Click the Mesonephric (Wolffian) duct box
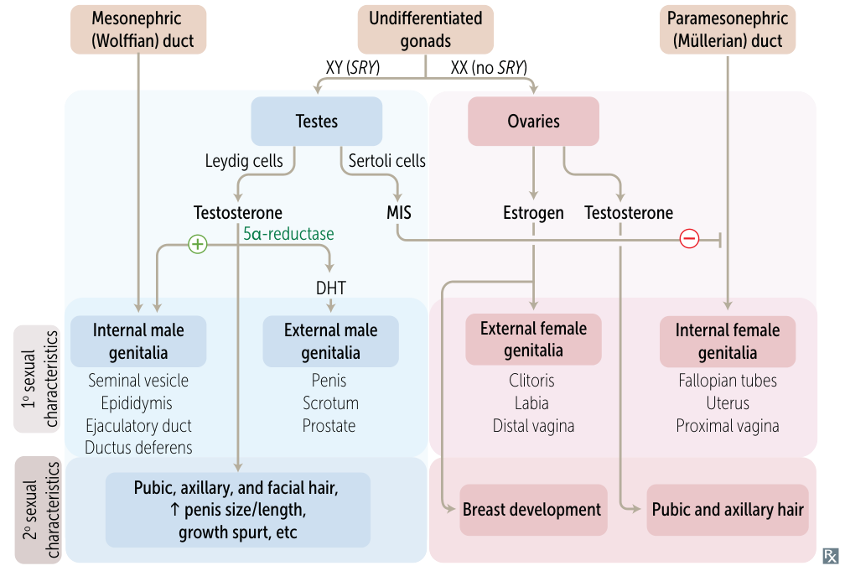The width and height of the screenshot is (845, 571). [138, 29]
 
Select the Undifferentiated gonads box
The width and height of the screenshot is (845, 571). [426, 29]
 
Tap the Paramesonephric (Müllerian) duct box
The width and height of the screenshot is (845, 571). [728, 29]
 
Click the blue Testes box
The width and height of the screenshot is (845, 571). [317, 122]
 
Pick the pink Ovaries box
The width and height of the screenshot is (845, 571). [533, 122]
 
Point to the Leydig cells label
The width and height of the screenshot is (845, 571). [244, 161]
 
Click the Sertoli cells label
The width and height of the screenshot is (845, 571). [387, 161]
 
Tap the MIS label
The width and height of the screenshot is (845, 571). [399, 212]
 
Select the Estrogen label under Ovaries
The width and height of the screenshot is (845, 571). [533, 213]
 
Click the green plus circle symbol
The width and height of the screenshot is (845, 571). [198, 244]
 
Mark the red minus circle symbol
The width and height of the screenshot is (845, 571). [689, 238]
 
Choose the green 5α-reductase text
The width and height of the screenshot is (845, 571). [288, 234]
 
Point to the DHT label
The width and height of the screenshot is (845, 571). [331, 288]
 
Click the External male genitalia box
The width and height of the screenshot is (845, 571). [331, 341]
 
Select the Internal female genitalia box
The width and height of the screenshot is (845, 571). [728, 341]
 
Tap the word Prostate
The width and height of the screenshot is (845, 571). [329, 426]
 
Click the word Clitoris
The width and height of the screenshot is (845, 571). [531, 381]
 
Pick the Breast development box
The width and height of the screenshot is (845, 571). [533, 510]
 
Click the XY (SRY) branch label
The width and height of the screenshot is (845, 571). [353, 67]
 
